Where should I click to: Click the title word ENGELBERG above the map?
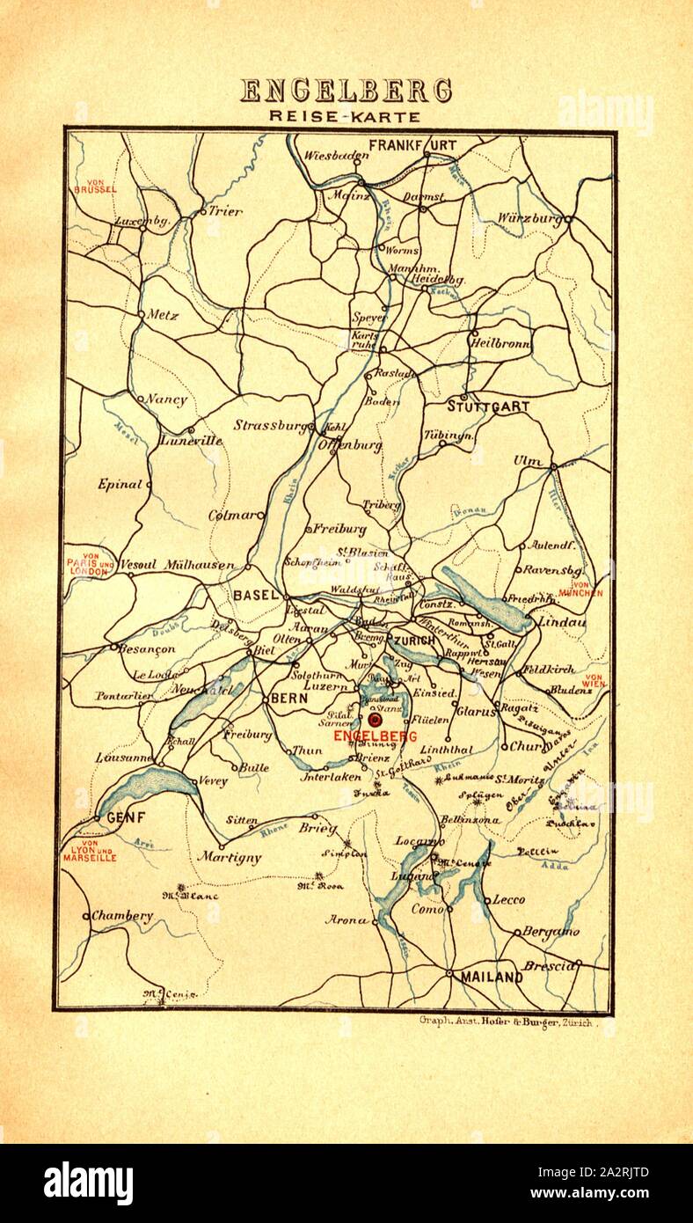click(346, 91)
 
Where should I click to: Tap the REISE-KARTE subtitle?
click(346, 116)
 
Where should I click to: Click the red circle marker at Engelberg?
click(376, 721)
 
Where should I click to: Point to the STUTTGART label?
click(488, 406)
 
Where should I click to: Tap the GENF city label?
click(124, 817)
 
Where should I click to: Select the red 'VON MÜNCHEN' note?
click(580, 589)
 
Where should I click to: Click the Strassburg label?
click(269, 426)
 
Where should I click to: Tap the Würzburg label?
click(529, 217)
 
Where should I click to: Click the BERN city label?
click(288, 698)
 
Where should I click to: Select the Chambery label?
click(122, 916)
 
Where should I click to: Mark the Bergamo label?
click(551, 931)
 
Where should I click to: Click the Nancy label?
click(167, 399)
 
